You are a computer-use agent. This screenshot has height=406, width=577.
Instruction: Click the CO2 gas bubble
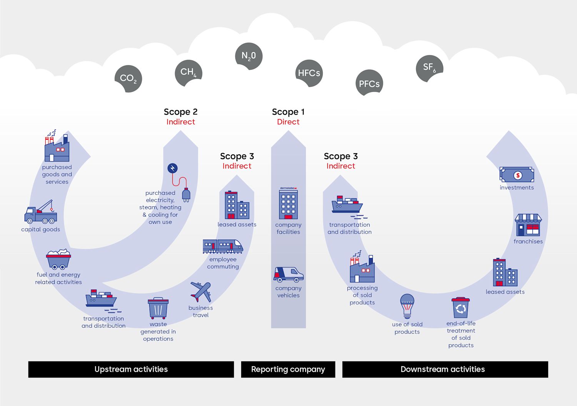pyautogui.click(x=128, y=79)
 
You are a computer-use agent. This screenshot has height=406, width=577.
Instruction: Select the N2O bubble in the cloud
pyautogui.click(x=248, y=56)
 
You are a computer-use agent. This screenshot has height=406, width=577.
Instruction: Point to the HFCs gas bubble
pyautogui.click(x=309, y=73)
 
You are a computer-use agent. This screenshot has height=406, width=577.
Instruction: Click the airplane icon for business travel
pyautogui.click(x=201, y=292)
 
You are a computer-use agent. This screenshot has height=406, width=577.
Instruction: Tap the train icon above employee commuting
pyautogui.click(x=223, y=246)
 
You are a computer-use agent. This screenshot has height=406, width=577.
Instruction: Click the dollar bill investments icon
pyautogui.click(x=517, y=175)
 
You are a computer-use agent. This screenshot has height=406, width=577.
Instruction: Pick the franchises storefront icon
pyautogui.click(x=528, y=225)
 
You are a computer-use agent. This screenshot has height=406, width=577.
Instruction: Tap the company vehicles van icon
pyautogui.click(x=288, y=274)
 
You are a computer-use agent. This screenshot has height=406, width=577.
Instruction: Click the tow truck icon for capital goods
pyautogui.click(x=41, y=212)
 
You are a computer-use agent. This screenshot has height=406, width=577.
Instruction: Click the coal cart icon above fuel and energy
pyautogui.click(x=58, y=259)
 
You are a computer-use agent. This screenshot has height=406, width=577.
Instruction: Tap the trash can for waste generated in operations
pyautogui.click(x=158, y=308)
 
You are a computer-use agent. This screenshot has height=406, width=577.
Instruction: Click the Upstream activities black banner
pyautogui.click(x=131, y=369)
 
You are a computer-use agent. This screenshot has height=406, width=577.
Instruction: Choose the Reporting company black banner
pyautogui.click(x=288, y=369)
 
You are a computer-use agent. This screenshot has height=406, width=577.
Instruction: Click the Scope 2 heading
pyautogui.click(x=180, y=112)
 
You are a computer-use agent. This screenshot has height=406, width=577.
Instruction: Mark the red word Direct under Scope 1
pyautogui.click(x=288, y=122)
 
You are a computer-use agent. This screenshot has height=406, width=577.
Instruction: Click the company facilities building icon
pyautogui.click(x=288, y=204)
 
